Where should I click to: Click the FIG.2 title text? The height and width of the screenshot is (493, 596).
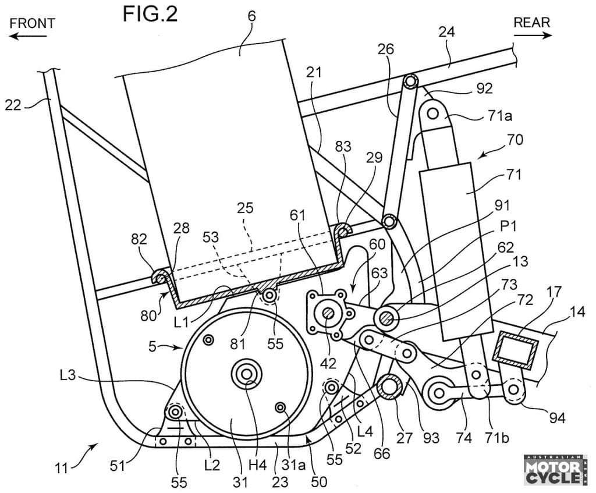pos(150,15)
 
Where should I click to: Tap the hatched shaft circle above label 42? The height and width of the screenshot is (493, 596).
pos(329,315)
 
